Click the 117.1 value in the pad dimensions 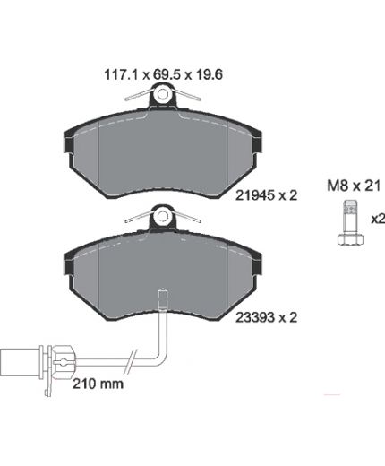[120, 74]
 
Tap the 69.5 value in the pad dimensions [167, 74]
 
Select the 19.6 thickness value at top [210, 74]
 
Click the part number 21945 [255, 195]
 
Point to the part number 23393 [255, 317]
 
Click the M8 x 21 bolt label [354, 186]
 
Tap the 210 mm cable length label [98, 384]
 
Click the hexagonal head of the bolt [351, 239]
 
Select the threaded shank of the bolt [351, 218]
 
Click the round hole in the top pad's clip [162, 94]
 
